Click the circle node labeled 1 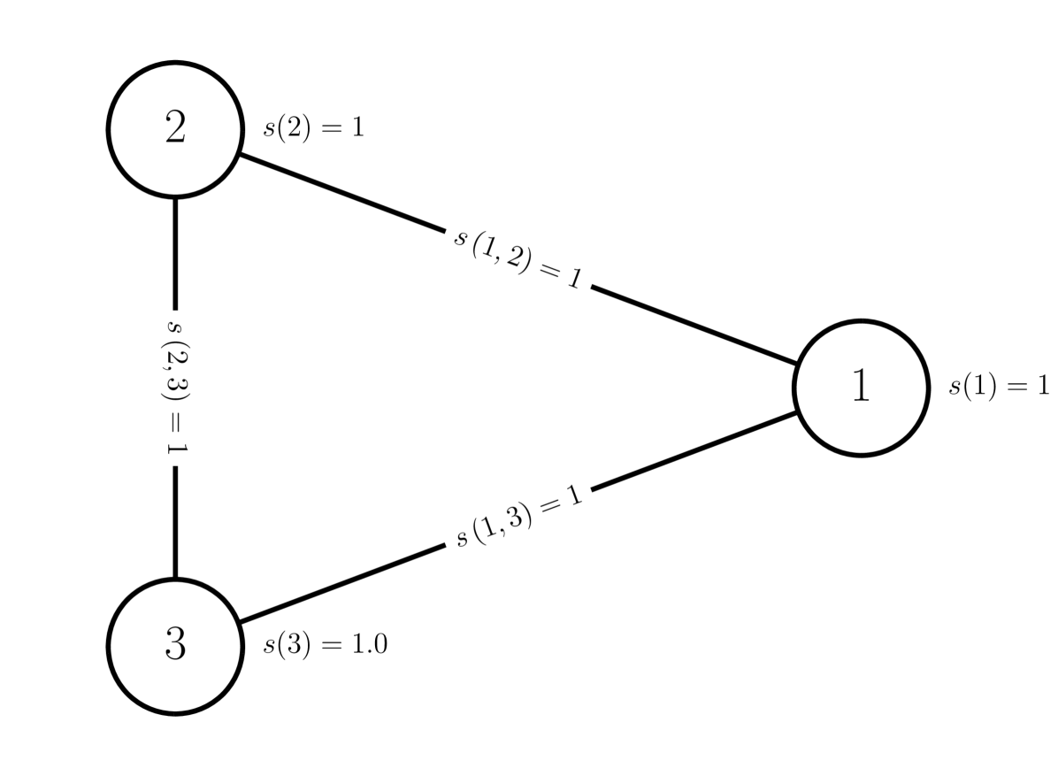tap(861, 388)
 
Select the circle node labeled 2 tap(175, 129)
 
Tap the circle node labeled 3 tap(175, 646)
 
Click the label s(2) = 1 tap(314, 127)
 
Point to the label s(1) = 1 tap(999, 387)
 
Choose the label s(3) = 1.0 tap(325, 645)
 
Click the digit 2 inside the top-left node tap(175, 129)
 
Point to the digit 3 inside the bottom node tap(175, 646)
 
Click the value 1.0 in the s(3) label tap(370, 645)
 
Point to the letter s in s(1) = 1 tap(954, 388)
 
